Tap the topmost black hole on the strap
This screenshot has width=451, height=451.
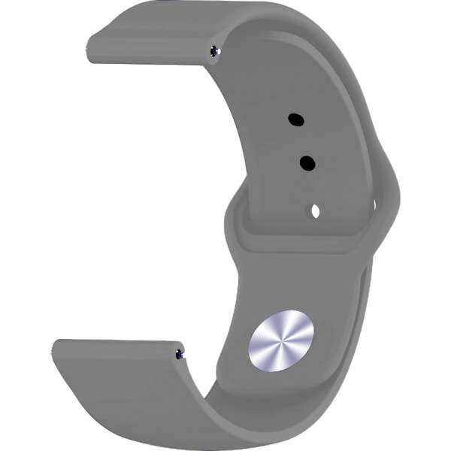point(296,118)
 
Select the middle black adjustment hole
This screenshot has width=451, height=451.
point(307,162)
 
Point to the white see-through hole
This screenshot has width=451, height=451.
point(315,211)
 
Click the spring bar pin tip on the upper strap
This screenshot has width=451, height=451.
point(217,51)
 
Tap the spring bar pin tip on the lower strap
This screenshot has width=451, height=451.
point(179,352)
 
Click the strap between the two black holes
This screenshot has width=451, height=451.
point(301,141)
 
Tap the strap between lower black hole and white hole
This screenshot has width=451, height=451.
point(311,187)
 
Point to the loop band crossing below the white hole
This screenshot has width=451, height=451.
point(308,239)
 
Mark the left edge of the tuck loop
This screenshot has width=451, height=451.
point(230,218)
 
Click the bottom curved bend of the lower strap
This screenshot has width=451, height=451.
point(248,421)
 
